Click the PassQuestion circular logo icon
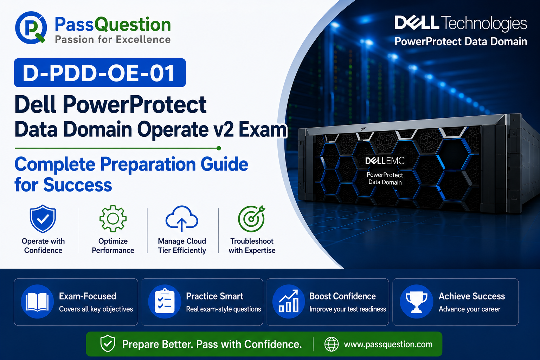click(x=31, y=27)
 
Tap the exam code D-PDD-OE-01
click(x=98, y=73)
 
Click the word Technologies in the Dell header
click(x=484, y=24)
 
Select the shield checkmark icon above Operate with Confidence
click(x=43, y=219)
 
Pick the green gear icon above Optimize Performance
click(x=113, y=218)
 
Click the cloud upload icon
click(x=182, y=219)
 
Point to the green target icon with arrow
click(x=251, y=218)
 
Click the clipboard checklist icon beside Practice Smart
click(x=165, y=301)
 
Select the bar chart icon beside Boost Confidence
click(x=289, y=301)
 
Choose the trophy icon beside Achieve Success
click(x=416, y=301)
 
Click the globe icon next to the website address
click(x=332, y=344)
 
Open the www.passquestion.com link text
click(x=388, y=344)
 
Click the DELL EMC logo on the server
click(x=385, y=161)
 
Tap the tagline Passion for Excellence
click(x=113, y=39)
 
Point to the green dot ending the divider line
click(x=219, y=148)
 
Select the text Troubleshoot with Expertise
click(x=252, y=246)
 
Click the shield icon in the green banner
click(x=108, y=343)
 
